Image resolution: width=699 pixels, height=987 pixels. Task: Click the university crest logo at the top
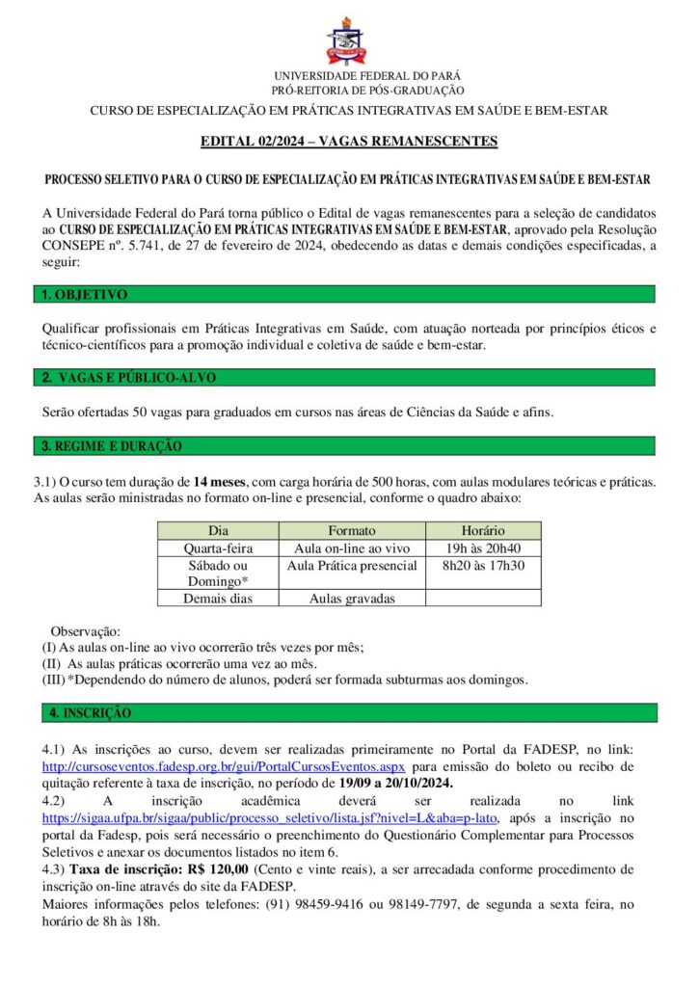[348, 40]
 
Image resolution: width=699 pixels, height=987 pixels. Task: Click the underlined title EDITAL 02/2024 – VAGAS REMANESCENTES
[348, 143]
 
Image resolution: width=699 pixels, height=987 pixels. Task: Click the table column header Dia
[218, 531]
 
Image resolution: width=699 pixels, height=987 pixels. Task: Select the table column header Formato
[351, 531]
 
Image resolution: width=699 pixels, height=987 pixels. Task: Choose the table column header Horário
[482, 531]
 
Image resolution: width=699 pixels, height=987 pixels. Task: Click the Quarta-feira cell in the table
[218, 548]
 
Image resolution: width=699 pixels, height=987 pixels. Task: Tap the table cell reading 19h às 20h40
[482, 548]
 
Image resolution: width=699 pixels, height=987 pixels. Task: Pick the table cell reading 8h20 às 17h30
[482, 565]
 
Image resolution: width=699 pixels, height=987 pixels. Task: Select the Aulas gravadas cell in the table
[351, 599]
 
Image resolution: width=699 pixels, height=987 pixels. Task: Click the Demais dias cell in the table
[218, 599]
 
